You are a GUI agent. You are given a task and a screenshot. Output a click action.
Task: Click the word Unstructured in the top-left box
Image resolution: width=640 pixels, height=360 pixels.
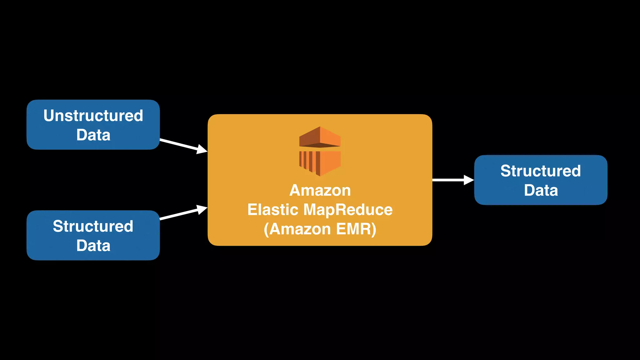coord(93,116)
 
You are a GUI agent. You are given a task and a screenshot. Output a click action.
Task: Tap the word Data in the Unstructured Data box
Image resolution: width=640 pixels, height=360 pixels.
coord(93,135)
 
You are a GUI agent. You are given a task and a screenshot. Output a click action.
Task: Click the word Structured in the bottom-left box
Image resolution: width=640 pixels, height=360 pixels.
coord(93,226)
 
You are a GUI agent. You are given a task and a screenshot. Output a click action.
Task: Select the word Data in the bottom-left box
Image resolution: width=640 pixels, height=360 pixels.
coord(93,246)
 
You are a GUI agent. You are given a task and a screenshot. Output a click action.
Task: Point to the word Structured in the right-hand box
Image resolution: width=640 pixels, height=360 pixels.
coord(541,171)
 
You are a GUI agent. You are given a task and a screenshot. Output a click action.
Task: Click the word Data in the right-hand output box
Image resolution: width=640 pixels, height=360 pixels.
coord(541,190)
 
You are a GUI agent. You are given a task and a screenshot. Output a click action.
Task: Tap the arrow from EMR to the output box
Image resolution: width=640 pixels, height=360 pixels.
coord(448,180)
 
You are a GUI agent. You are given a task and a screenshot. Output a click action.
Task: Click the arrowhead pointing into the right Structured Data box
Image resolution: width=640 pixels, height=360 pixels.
coord(469,180)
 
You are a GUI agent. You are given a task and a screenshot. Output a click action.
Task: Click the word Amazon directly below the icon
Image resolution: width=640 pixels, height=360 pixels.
coord(320,190)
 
